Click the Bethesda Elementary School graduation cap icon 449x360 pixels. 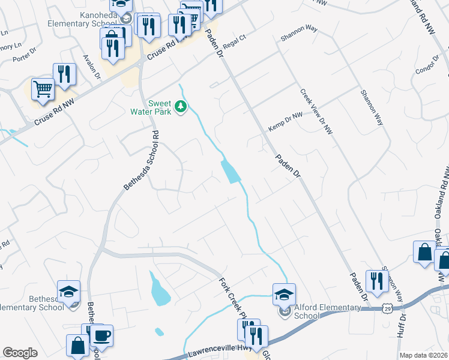coord(69,292)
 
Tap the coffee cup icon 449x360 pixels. coord(101,336)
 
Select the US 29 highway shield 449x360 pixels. coord(387,308)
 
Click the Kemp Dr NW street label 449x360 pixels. coord(285,121)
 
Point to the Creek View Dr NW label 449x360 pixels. coord(316,111)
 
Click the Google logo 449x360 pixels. coord(20,353)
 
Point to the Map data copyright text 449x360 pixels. coord(423,355)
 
